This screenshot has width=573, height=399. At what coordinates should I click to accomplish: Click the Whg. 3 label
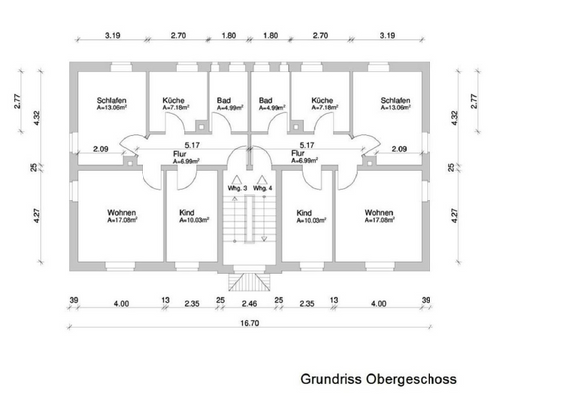235,188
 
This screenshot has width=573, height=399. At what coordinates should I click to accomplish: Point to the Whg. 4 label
262,188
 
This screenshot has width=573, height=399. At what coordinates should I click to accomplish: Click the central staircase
249,224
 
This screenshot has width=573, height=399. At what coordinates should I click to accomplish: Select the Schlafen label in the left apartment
111,101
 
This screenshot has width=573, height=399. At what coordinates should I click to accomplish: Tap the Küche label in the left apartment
174,101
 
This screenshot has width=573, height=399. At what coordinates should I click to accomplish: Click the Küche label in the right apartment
321,101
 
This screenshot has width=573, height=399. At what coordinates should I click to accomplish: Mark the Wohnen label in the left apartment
121,213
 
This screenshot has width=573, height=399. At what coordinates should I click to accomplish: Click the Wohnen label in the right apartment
379,213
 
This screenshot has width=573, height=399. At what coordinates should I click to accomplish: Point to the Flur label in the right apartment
297,154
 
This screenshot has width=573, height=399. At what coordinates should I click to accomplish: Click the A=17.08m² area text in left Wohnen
122,221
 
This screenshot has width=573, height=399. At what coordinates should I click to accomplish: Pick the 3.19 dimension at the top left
112,35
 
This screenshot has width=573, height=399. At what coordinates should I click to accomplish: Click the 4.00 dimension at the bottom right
379,303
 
